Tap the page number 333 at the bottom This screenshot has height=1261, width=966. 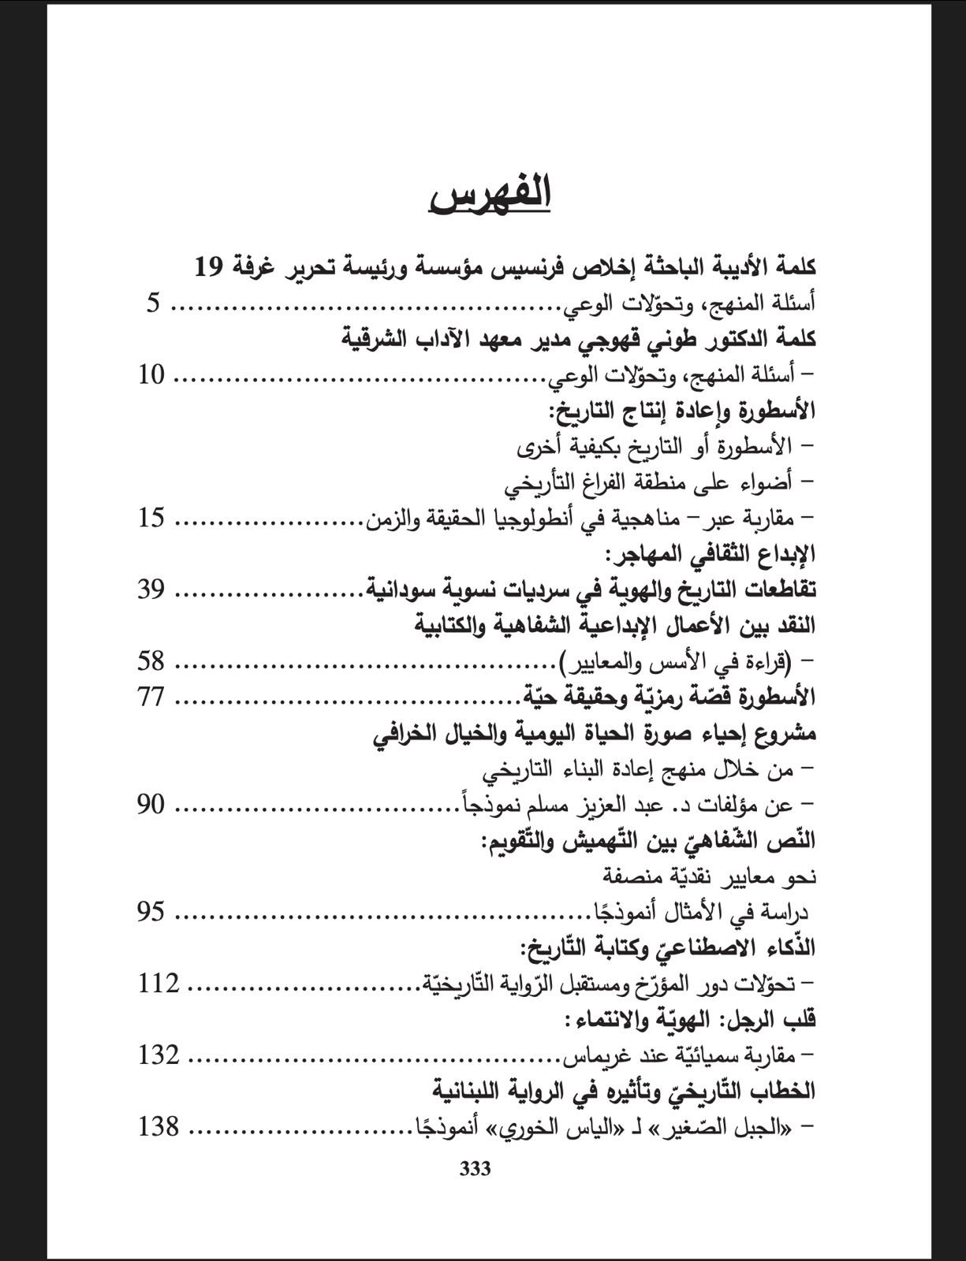[x=475, y=1169]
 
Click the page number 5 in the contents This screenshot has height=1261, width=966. [x=153, y=303]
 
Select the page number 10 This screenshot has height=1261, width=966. [x=151, y=375]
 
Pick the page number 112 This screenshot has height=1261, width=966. [x=159, y=984]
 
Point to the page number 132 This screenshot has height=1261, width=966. [x=159, y=1055]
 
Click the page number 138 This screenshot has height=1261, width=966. [x=159, y=1127]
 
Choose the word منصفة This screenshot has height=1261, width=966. [x=626, y=876]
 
